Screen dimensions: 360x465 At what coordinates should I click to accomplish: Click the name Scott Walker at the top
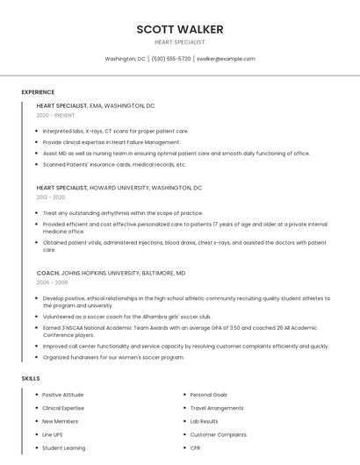point(179,29)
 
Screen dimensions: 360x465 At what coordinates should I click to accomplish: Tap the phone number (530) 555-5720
point(171,59)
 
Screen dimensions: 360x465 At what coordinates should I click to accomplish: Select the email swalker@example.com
point(226,59)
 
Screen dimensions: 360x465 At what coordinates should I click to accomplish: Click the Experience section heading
point(38,92)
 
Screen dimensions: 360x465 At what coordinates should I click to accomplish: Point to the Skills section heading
point(31,378)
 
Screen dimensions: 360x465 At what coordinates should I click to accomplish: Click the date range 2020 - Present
point(55,115)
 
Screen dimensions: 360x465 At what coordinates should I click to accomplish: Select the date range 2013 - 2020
point(51,197)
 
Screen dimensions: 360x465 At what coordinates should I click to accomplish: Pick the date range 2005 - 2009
point(52,283)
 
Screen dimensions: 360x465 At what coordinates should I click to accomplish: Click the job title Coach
point(47,273)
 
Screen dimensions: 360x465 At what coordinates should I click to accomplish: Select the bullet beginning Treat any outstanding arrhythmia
point(122,212)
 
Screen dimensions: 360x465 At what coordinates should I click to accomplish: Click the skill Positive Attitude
point(62,395)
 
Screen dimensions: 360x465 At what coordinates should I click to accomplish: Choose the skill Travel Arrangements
point(217,408)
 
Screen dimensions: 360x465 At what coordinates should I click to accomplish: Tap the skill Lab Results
point(204,421)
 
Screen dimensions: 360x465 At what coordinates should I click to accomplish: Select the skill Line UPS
point(53,434)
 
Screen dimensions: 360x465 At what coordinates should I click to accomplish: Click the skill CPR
point(196,447)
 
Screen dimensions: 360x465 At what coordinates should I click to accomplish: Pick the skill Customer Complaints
point(218,434)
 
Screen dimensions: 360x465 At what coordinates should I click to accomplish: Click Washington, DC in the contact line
point(125,59)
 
